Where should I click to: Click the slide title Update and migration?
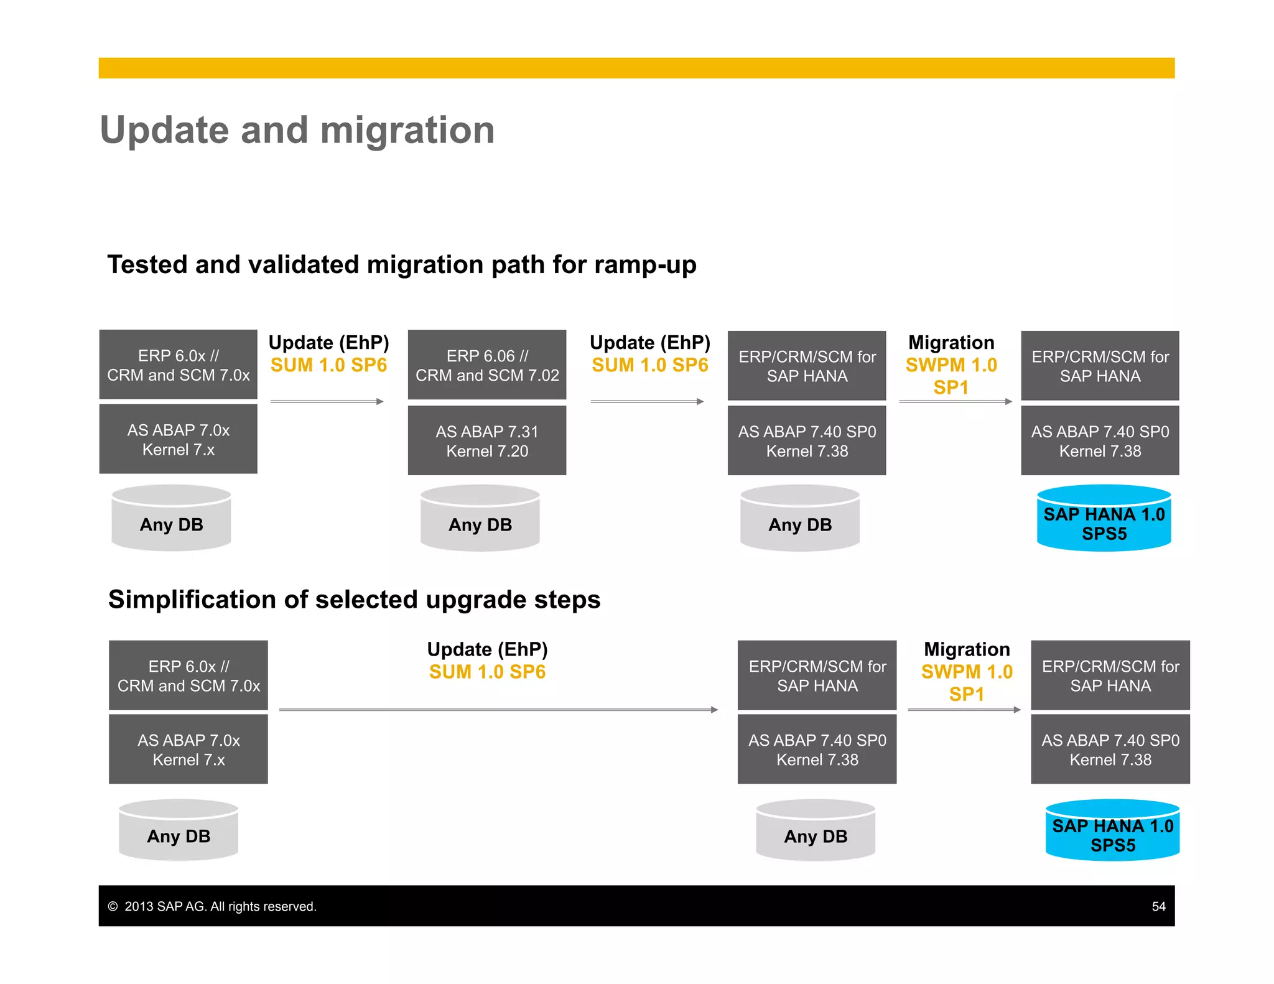pos(297,131)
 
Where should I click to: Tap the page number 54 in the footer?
pos(1158,906)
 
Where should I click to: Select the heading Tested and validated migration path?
pos(401,264)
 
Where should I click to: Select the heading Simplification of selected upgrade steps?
pos(354,600)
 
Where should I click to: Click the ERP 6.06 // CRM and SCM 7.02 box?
pos(487,365)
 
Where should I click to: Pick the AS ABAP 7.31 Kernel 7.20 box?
pos(487,441)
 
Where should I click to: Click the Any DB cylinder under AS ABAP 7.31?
pos(480,520)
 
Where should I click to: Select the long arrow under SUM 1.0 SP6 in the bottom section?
pos(498,710)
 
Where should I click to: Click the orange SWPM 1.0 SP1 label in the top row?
pos(951,376)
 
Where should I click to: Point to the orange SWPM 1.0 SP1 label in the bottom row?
pos(967,682)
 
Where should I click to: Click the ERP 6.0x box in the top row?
pos(179,365)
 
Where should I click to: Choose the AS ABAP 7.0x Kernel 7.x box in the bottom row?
pos(188,750)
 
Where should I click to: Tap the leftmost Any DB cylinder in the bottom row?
pos(179,832)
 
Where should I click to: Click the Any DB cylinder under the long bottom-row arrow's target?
pos(816,832)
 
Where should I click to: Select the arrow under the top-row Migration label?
pos(955,402)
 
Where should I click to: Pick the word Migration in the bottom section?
pos(967,649)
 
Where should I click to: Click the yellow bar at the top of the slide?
pos(636,68)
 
